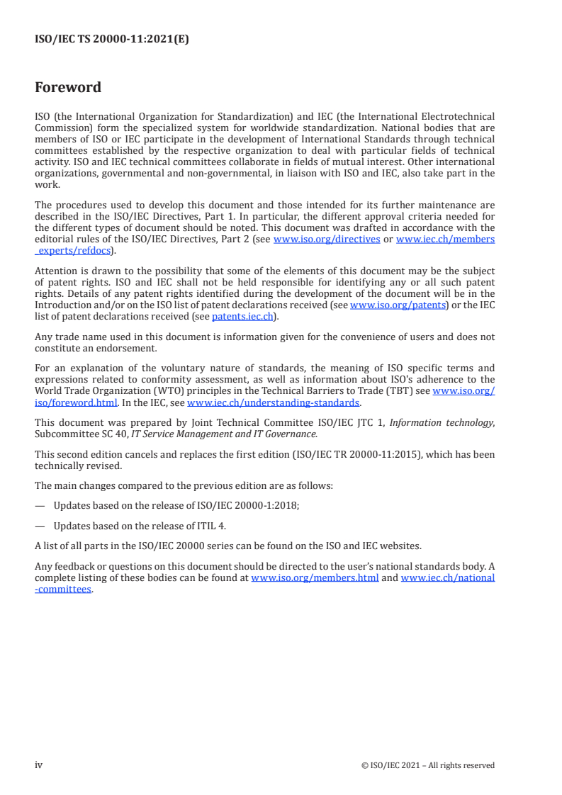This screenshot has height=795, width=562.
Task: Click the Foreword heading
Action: [x=68, y=88]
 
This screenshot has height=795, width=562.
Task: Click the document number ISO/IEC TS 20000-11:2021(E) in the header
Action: [x=112, y=40]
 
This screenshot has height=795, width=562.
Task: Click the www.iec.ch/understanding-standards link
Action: [x=274, y=402]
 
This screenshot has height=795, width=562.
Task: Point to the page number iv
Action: [x=39, y=765]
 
